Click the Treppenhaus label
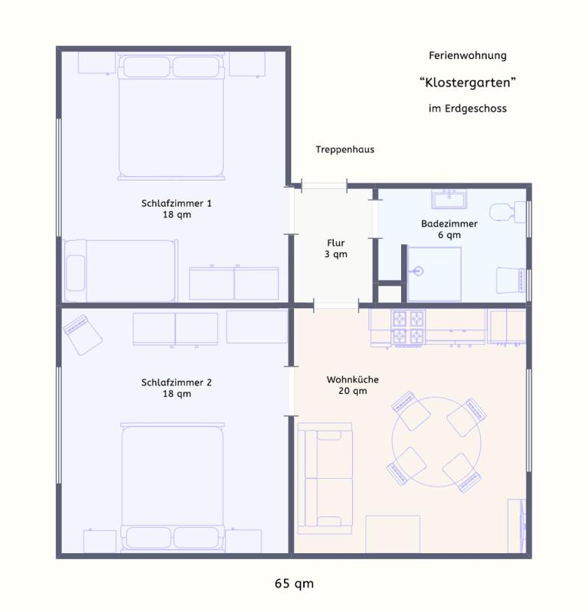coord(345,149)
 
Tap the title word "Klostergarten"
coord(467,82)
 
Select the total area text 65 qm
coord(294,584)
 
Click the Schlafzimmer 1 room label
coord(176,209)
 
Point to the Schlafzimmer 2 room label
coord(176,388)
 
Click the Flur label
coord(335,249)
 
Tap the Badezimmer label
coord(449,229)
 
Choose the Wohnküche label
coord(352,385)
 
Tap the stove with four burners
coord(409,327)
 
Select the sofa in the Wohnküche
coord(325,478)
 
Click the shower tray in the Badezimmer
coord(434,274)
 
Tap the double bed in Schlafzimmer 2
coord(172,486)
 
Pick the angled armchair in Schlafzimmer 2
coord(83,334)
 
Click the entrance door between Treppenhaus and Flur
coord(324,184)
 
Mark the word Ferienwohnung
coord(467,56)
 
